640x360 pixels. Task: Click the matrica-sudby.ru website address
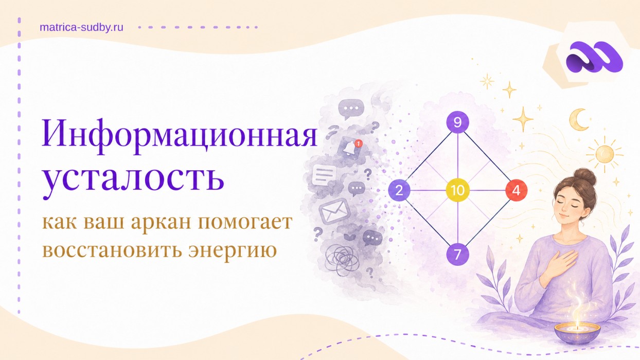[81, 27]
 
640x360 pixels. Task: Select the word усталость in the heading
[133, 178]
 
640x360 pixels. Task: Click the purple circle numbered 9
[458, 122]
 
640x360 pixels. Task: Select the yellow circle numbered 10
[458, 190]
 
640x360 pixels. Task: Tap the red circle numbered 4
[517, 190]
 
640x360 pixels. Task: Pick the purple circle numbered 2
[399, 190]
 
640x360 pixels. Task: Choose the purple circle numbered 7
[458, 254]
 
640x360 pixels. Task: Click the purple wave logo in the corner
[594, 61]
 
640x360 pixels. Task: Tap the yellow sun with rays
[605, 155]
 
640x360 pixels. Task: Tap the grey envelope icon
[334, 211]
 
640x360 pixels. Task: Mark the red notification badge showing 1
[358, 143]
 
